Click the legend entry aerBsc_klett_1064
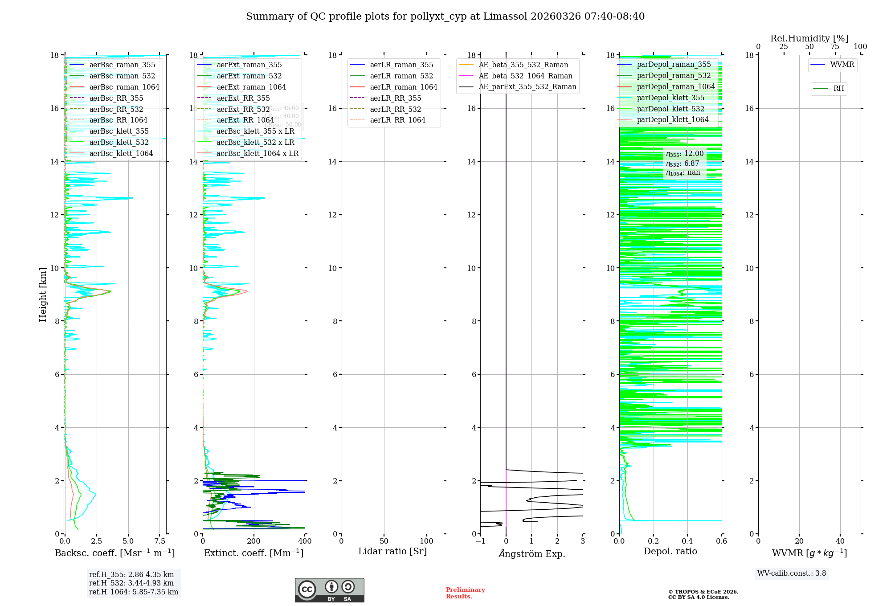coord(121,153)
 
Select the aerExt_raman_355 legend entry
coord(249,65)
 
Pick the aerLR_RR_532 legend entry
coord(395,109)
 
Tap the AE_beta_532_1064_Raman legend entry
coord(525,76)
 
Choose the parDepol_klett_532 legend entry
coord(670,109)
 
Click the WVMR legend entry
coord(842,65)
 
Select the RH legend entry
coord(838,89)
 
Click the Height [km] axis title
coord(43,295)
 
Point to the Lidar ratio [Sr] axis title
coord(392,551)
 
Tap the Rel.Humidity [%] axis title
coord(809,38)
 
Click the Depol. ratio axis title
coord(670,551)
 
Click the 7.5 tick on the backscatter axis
coord(160,541)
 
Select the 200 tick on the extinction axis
coord(254,541)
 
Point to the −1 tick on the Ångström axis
coord(480,541)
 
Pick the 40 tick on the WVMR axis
coord(840,541)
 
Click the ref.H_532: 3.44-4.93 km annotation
coord(131,583)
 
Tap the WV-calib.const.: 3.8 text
coord(792,573)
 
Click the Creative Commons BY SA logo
coord(329,590)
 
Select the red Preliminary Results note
coord(465,593)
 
